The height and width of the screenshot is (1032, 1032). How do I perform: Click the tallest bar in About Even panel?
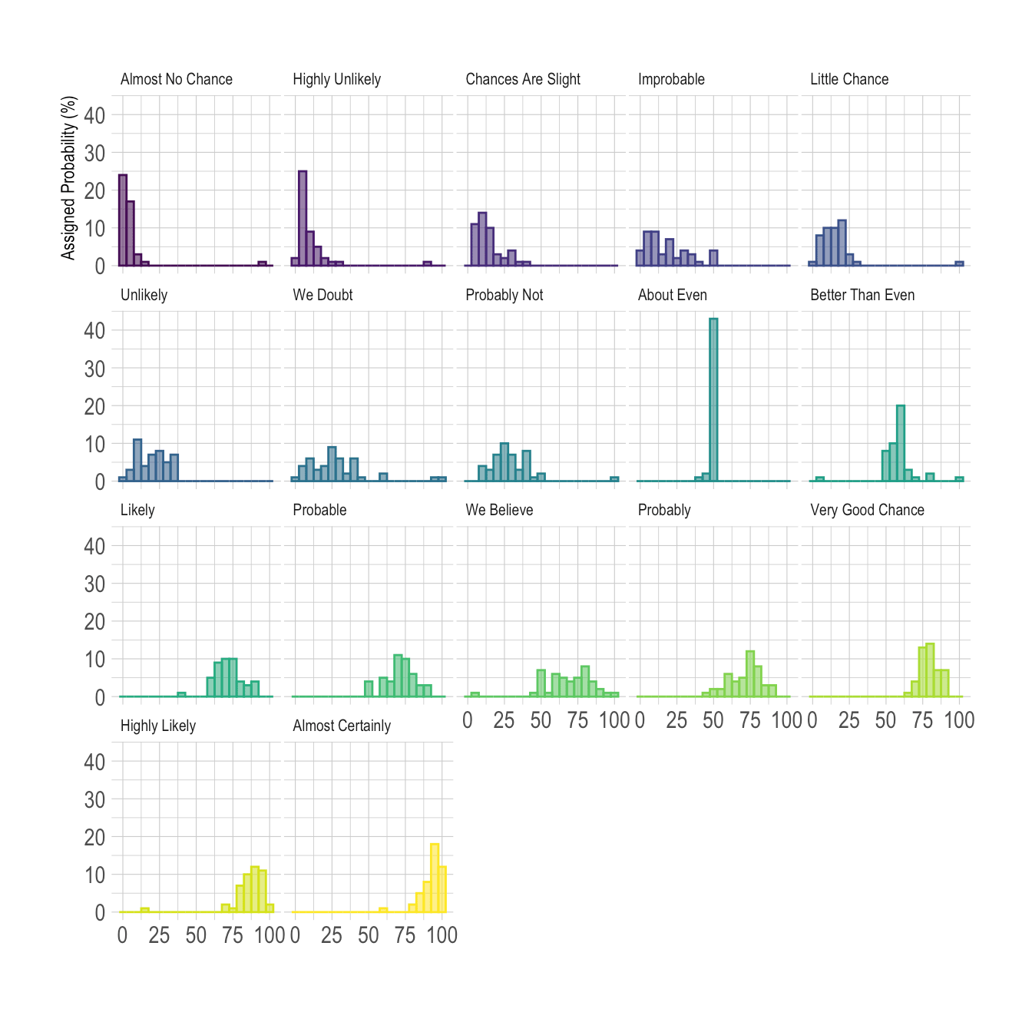713,400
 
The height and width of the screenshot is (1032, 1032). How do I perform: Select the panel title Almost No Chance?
176,79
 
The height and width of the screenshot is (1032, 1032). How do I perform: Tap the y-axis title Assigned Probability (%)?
69,178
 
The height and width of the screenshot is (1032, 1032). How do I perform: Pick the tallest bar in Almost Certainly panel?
435,878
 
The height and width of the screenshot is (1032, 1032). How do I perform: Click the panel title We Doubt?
322,295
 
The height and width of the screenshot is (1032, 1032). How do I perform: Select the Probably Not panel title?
504,295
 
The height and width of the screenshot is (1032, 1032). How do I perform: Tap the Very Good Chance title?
867,510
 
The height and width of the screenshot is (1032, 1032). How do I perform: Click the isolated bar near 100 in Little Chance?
959,263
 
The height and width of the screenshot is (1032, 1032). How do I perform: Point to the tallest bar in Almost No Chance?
123,220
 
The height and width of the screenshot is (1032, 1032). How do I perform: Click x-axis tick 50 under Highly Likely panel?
196,935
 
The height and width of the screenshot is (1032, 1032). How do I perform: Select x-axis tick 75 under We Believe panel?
577,720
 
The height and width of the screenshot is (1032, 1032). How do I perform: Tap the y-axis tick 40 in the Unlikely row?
94,331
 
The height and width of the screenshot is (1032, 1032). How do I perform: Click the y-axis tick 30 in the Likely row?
94,584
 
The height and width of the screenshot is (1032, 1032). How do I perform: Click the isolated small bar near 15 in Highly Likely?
144,910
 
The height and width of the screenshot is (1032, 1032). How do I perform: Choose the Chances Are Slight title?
522,79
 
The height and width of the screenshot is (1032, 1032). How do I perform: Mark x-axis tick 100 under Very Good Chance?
959,720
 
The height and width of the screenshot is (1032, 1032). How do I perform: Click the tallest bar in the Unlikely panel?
137,460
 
